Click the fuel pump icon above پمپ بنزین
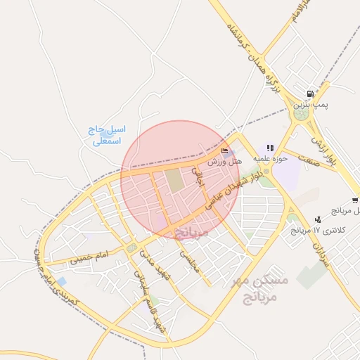click(x=309, y=94)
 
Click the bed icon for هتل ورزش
click(x=224, y=150)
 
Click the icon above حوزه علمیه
click(x=269, y=148)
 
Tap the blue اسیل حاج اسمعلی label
click(x=108, y=136)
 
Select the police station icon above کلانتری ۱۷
click(x=319, y=219)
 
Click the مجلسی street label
click(x=191, y=262)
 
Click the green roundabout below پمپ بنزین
click(x=302, y=115)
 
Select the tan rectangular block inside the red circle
click(x=174, y=181)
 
